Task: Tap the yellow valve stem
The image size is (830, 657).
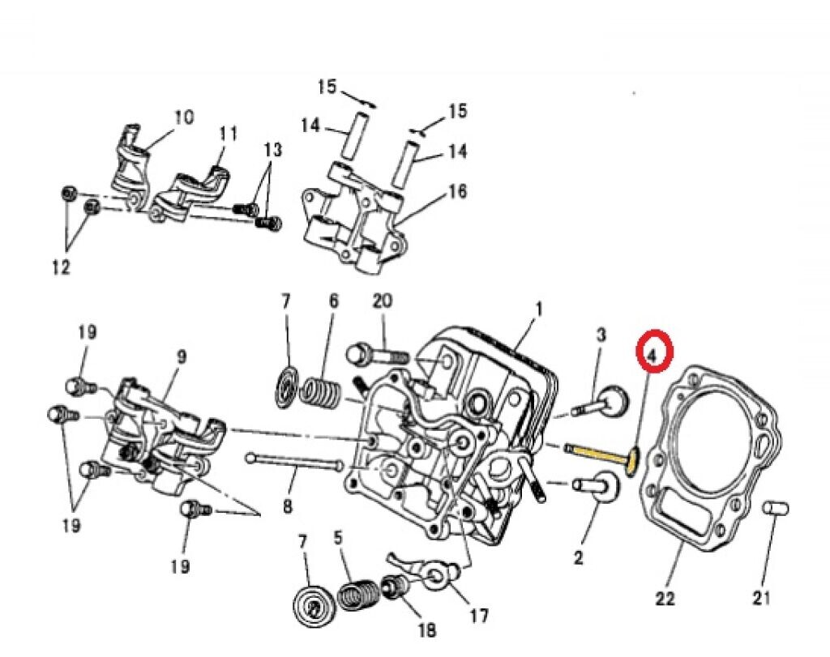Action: pyautogui.click(x=596, y=454)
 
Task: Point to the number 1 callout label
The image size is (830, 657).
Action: pyautogui.click(x=537, y=309)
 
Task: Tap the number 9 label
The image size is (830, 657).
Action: pyautogui.click(x=181, y=356)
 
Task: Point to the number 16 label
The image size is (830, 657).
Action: pyautogui.click(x=457, y=191)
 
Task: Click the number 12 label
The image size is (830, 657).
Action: pyautogui.click(x=61, y=267)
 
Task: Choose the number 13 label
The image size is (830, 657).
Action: pyautogui.click(x=273, y=150)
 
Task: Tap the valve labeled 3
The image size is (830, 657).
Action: pyautogui.click(x=606, y=401)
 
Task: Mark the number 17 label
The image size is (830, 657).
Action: pyautogui.click(x=479, y=616)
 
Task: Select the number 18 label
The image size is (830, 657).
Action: pyautogui.click(x=426, y=629)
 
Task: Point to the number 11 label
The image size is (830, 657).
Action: pyautogui.click(x=229, y=133)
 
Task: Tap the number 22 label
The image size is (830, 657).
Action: pyautogui.click(x=665, y=599)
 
